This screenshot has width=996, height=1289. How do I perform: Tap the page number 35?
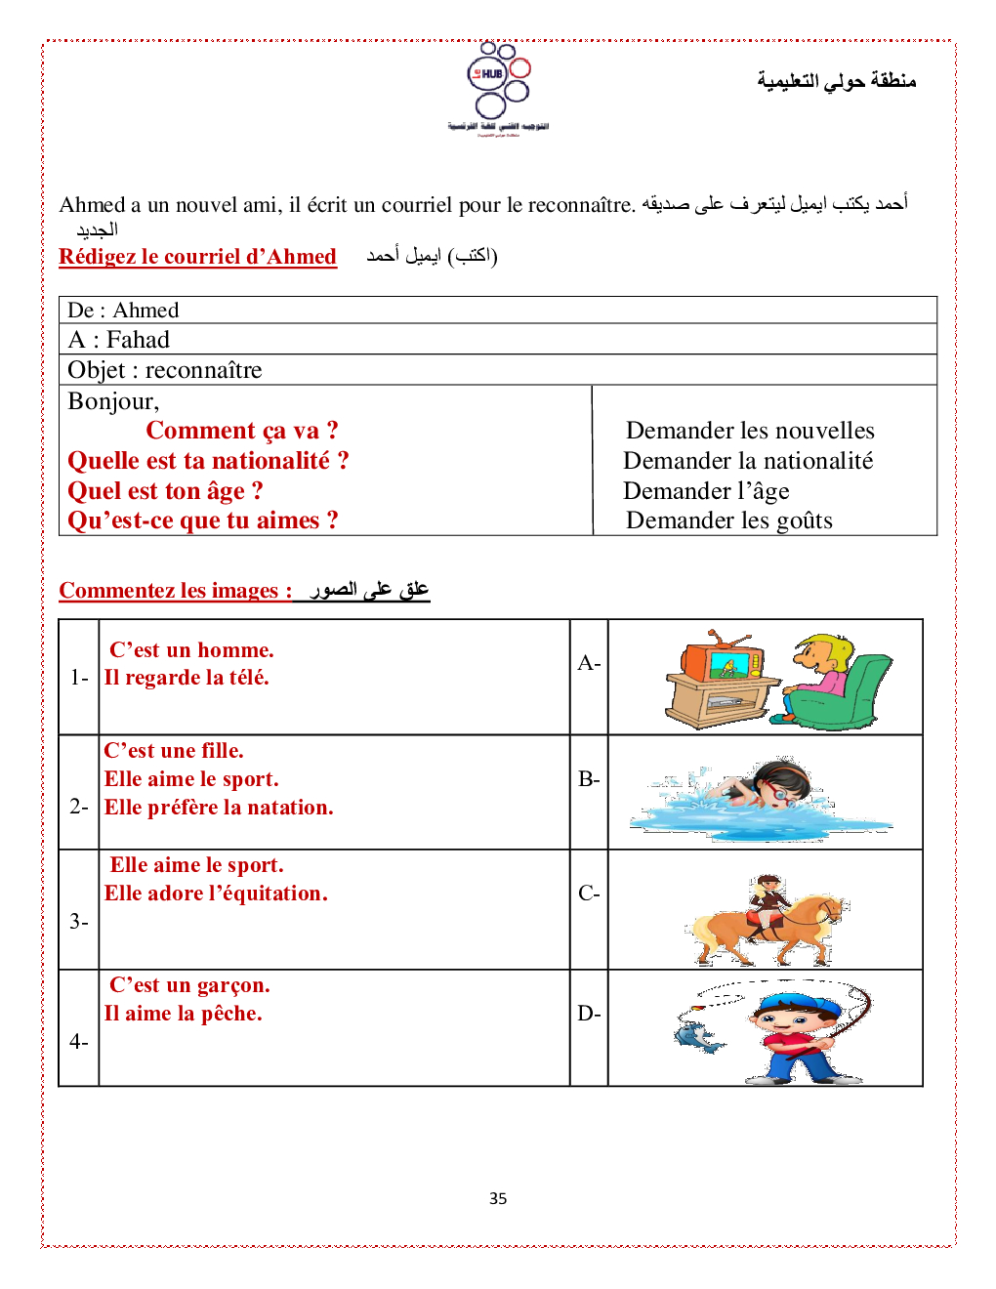click(498, 1198)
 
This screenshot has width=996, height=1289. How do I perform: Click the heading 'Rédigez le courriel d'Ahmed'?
click(197, 257)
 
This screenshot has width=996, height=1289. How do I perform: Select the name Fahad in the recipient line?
click(138, 340)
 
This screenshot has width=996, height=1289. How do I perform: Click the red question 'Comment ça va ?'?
click(242, 431)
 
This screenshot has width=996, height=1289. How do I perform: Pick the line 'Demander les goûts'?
click(729, 520)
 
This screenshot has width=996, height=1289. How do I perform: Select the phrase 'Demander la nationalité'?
click(748, 461)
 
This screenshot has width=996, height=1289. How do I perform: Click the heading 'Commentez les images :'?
click(175, 591)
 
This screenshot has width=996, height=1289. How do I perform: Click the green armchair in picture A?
click(850, 695)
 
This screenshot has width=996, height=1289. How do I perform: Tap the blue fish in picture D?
click(699, 1037)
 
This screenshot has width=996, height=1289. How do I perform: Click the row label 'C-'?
click(589, 894)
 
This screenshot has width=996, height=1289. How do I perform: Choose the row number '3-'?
click(79, 922)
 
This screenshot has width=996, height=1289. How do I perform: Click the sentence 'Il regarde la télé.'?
click(187, 678)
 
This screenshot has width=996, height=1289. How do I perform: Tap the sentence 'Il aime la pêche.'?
click(184, 1014)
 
